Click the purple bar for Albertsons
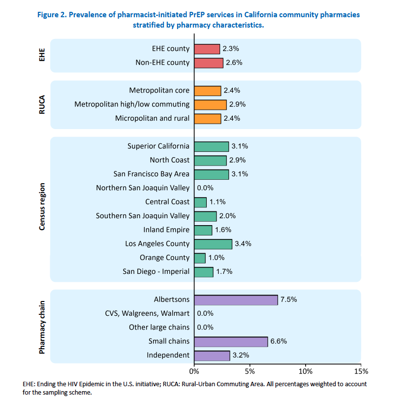point(236,300)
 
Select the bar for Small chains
point(231,341)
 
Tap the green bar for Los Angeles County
point(213,244)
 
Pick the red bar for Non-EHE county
point(209,63)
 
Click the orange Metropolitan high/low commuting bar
point(210,104)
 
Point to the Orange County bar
point(200,258)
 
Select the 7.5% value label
point(289,300)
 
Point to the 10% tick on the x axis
point(306,370)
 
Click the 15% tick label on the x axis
point(361,370)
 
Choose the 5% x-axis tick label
point(250,370)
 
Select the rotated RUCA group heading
point(43,104)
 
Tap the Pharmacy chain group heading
point(43,327)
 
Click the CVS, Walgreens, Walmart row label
point(147,313)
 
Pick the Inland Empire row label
point(166,230)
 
